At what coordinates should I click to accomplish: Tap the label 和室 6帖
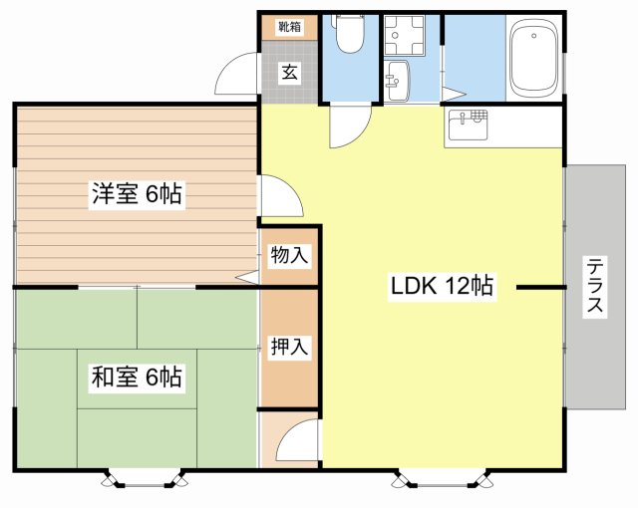click(137, 378)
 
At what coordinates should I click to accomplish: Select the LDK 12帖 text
click(442, 286)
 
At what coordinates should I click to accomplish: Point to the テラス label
click(595, 287)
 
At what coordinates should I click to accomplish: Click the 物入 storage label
click(290, 256)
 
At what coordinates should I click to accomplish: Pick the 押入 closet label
click(290, 348)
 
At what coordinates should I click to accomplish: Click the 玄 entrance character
click(289, 73)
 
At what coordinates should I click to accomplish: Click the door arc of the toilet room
click(349, 127)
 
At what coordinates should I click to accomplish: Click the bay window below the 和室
click(146, 480)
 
